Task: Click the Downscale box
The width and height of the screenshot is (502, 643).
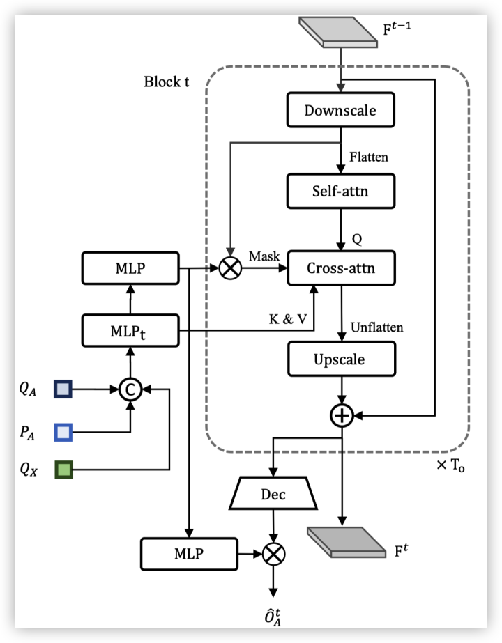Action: click(341, 110)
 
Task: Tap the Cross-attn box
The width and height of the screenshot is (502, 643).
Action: click(341, 268)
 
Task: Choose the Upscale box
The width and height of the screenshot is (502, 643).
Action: click(341, 359)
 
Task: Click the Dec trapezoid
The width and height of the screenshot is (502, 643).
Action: click(273, 495)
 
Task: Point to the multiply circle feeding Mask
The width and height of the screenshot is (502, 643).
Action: click(230, 268)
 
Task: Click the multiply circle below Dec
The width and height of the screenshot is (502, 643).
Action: click(273, 554)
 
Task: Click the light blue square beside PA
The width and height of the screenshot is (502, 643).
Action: click(63, 433)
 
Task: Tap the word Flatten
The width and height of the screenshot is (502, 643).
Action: click(368, 157)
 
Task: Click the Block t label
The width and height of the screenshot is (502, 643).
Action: click(167, 82)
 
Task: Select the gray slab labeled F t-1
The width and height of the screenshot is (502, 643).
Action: click(338, 32)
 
